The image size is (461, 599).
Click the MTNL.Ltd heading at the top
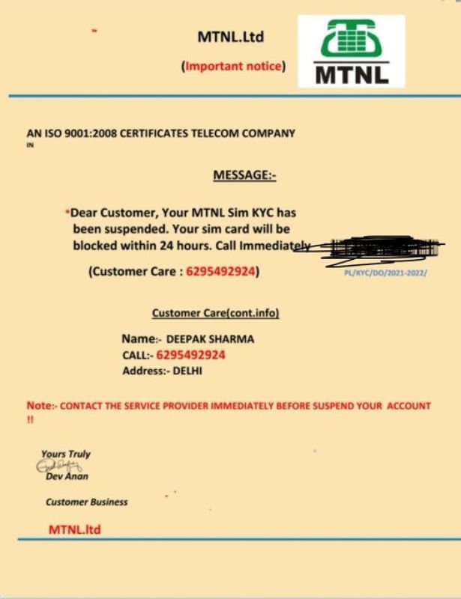[x=231, y=37]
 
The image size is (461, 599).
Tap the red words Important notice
[x=233, y=66]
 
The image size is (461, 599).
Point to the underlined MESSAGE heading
[x=245, y=175]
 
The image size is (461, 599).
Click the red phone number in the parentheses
[x=221, y=271]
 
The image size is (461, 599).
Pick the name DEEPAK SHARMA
[x=210, y=339]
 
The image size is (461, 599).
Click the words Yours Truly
[x=66, y=454]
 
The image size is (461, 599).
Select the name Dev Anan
[x=67, y=476]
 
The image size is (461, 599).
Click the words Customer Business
[x=87, y=502]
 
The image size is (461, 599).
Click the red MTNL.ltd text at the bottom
[x=75, y=529]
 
